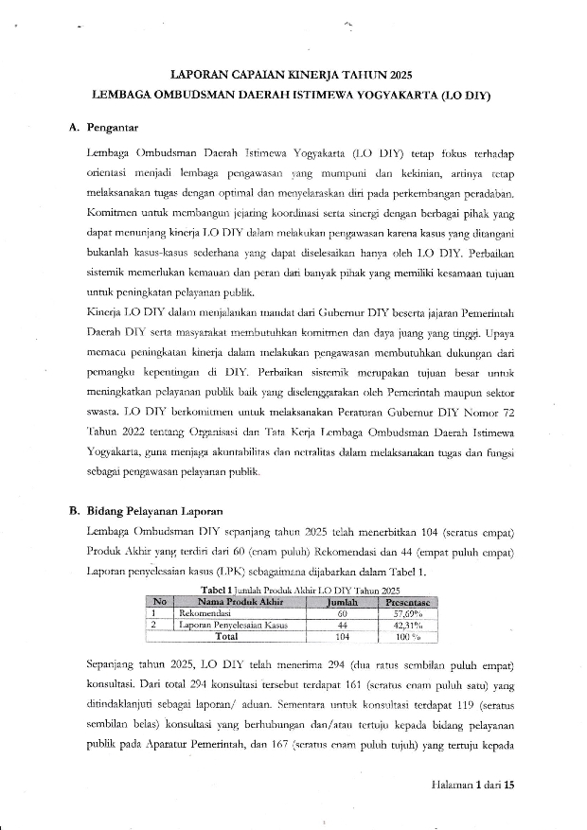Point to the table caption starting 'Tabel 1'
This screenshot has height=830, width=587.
293,588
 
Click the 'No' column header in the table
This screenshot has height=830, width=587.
160,600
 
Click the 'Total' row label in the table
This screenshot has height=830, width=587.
228,637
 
